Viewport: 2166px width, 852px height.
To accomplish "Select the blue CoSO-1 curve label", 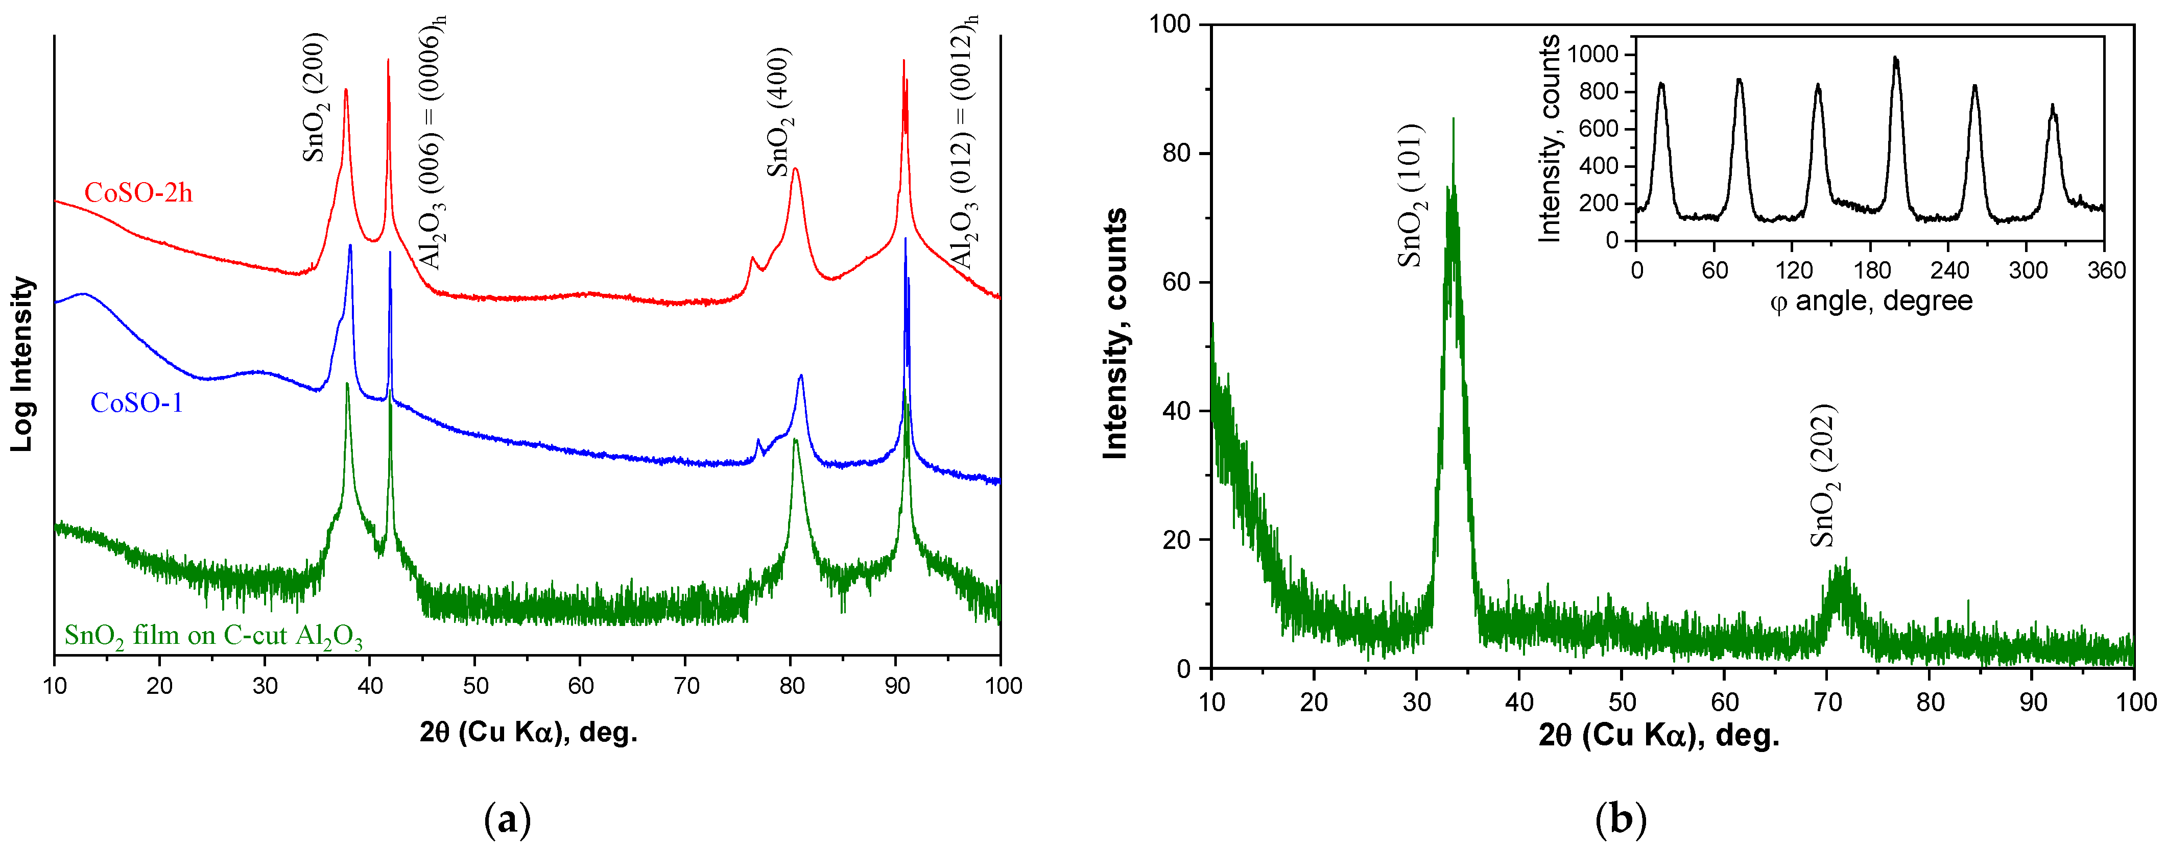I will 136,404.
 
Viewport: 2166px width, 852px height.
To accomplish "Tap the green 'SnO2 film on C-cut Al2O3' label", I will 213,636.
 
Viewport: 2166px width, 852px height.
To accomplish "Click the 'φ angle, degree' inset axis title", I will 1871,301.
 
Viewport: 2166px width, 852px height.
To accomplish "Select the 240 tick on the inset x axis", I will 1949,270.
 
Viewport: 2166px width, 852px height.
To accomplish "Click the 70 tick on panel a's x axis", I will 685,686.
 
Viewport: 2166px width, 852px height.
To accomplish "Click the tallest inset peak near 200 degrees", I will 1895,59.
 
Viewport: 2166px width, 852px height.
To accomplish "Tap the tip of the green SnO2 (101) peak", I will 1453,119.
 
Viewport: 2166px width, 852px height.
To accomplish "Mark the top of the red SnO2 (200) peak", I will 346,90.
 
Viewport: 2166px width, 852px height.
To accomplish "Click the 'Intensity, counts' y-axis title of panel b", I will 1115,334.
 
